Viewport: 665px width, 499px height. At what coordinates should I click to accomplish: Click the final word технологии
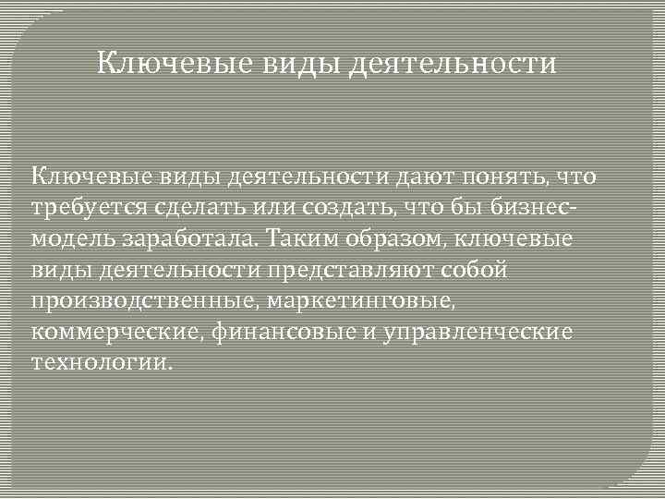[x=102, y=361]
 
